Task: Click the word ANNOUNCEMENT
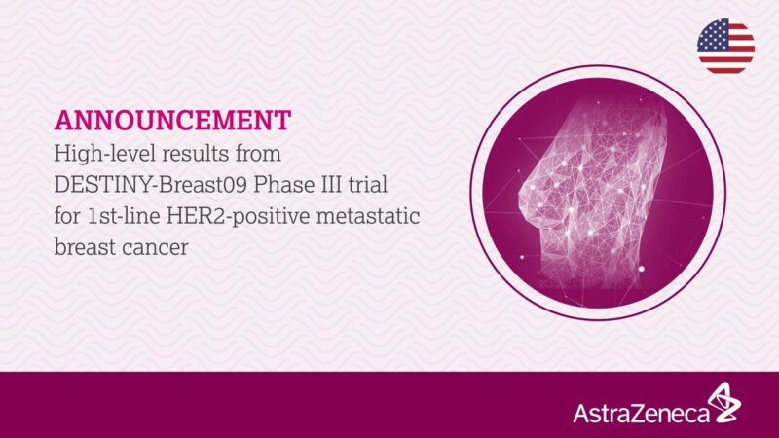172,120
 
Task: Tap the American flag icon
725,46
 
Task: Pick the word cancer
157,247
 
